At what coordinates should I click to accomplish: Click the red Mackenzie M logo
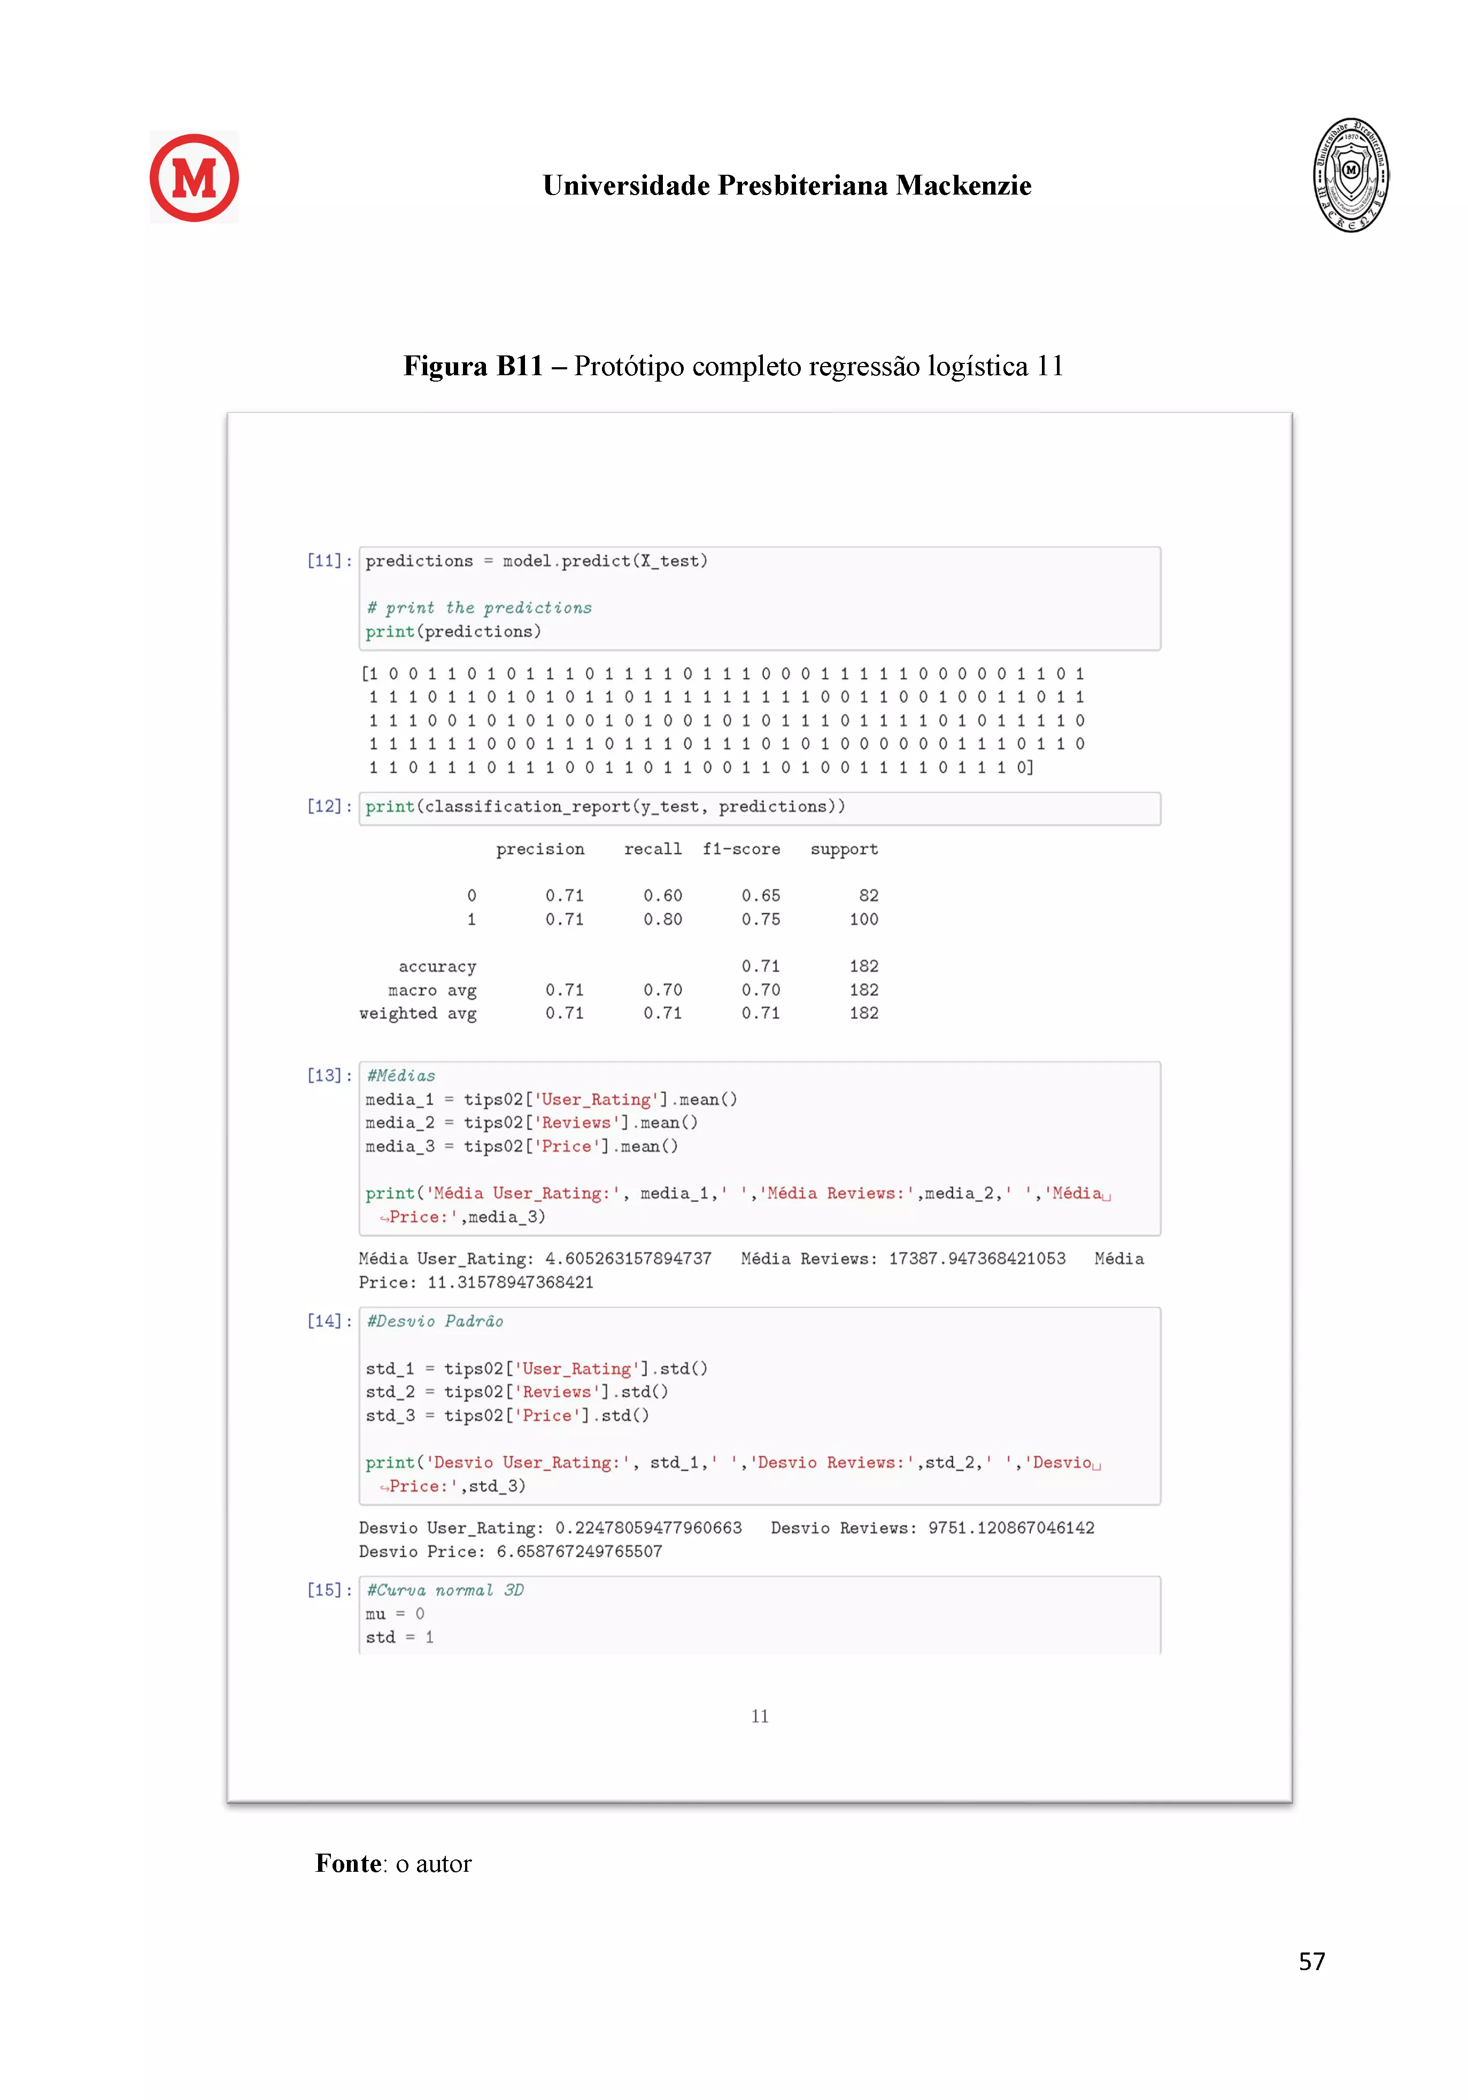[x=194, y=177]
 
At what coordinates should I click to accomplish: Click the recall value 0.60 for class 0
[x=662, y=895]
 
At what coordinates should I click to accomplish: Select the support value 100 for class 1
[x=863, y=919]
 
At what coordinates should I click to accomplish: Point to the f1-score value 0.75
[x=760, y=919]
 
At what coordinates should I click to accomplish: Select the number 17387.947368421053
[x=977, y=1259]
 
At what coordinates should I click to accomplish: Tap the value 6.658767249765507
[x=579, y=1551]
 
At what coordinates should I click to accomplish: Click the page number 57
[x=1311, y=1961]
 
